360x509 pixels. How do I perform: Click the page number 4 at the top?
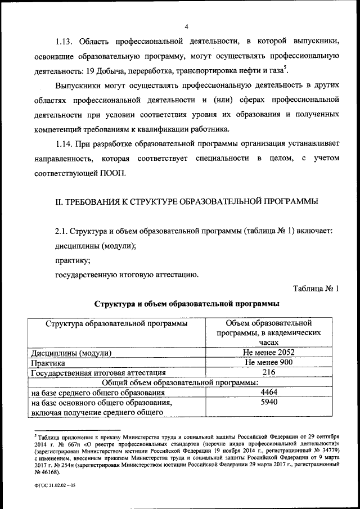[186, 26]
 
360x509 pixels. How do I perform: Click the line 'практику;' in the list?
[72, 261]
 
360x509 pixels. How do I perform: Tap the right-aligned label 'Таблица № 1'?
[316, 289]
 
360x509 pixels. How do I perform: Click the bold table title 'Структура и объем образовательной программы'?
[186, 304]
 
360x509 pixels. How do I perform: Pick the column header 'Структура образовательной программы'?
[117, 324]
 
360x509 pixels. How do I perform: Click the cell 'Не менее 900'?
[269, 362]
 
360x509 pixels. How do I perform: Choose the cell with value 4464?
[269, 392]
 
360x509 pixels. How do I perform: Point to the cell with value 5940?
[269, 402]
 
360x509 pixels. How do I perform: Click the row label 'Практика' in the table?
[48, 363]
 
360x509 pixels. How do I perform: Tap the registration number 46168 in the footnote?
[46, 474]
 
